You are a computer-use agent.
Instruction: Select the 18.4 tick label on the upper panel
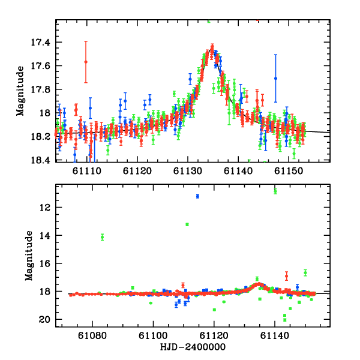click(43, 160)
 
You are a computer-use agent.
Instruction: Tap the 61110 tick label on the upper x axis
click(86, 171)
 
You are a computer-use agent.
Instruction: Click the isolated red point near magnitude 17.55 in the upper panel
click(86, 62)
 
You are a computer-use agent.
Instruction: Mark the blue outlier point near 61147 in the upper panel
click(276, 78)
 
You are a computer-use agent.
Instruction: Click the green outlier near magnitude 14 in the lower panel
click(103, 237)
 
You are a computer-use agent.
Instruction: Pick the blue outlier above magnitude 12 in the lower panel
click(197, 196)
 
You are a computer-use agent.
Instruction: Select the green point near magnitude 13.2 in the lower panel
click(187, 224)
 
